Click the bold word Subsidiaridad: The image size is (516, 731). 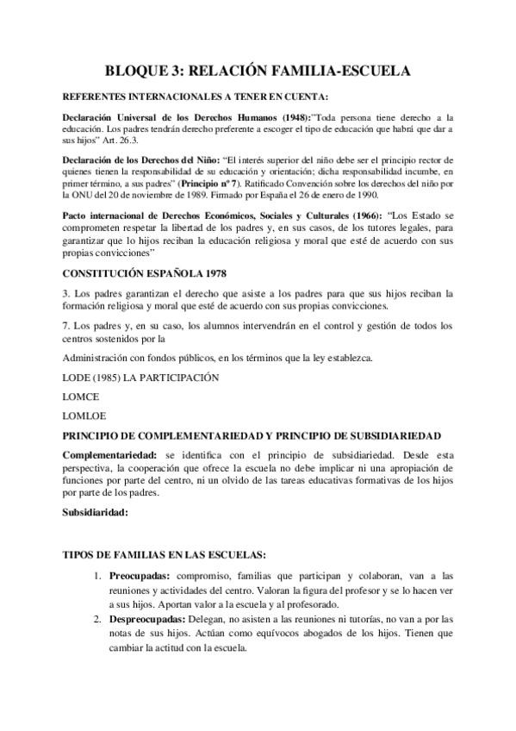coord(96,512)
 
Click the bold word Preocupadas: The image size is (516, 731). coord(139,574)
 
